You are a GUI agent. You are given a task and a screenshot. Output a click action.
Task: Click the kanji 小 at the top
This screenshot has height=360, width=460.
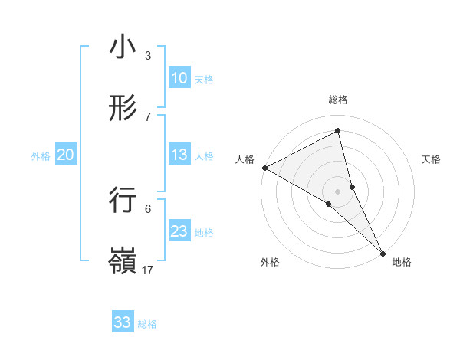pos(123,47)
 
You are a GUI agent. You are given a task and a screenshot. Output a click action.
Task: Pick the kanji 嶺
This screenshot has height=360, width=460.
pos(123,260)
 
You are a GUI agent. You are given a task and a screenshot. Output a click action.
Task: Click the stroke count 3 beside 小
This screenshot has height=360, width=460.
pos(148,56)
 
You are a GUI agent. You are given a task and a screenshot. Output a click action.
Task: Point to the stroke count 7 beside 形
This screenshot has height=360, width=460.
pos(148,116)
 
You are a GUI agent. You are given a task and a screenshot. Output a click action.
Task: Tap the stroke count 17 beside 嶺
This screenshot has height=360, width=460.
pos(148,270)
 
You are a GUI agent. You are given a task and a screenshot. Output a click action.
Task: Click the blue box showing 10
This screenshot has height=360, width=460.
pos(179,78)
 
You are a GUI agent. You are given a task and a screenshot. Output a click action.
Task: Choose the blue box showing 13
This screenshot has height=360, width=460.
pos(179,155)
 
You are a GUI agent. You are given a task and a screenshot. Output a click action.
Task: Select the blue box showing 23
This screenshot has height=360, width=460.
pos(179,231)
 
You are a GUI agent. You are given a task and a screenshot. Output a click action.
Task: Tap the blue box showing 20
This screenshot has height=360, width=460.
pos(66,155)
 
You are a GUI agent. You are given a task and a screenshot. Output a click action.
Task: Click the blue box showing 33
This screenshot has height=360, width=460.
pos(123,322)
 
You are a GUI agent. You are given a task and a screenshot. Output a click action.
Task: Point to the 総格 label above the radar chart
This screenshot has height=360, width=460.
pos(338,100)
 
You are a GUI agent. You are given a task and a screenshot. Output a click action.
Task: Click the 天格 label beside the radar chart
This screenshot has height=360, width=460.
pos(432,159)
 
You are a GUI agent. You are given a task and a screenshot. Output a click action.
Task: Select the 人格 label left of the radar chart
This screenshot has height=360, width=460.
pos(245,159)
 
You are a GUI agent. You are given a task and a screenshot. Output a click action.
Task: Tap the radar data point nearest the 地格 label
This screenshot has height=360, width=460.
pos(383,252)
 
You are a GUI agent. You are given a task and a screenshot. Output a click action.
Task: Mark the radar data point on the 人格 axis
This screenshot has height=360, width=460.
pos(264,167)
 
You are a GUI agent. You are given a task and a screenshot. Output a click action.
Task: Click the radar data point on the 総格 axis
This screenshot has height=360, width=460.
pos(338,131)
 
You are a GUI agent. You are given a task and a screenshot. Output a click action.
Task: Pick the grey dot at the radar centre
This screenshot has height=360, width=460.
pos(338,191)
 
